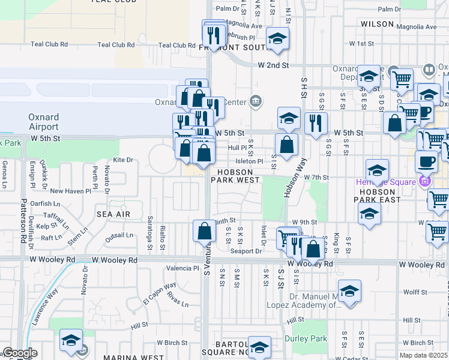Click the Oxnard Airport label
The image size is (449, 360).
[x=43, y=122]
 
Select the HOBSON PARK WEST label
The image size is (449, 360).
[x=235, y=176]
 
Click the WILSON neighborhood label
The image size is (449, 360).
[x=377, y=24]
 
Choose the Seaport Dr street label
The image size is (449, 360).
[x=247, y=251]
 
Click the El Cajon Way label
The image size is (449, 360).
[x=159, y=292]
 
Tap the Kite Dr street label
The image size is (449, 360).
[x=122, y=160]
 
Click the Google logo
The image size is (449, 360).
[x=20, y=353]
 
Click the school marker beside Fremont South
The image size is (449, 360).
[x=277, y=39]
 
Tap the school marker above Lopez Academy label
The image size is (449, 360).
[x=349, y=291]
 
